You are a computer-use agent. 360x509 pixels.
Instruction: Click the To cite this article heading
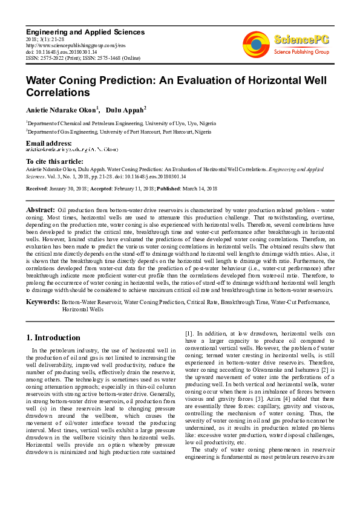click(x=54, y=161)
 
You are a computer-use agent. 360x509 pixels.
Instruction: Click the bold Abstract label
click(x=41, y=210)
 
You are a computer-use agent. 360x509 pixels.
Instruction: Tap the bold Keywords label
click(x=42, y=301)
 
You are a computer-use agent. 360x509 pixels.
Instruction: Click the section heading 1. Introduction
click(x=54, y=338)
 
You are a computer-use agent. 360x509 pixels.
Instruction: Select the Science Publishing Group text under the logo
click(x=299, y=53)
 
